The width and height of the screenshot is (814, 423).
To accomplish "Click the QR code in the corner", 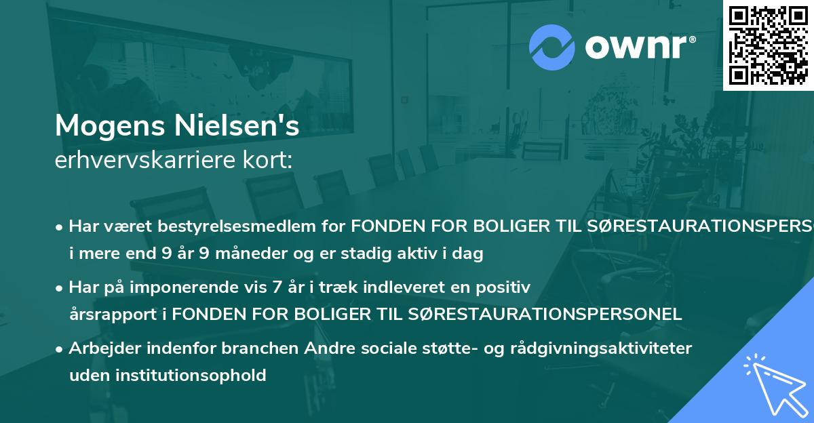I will pyautogui.click(x=767, y=45).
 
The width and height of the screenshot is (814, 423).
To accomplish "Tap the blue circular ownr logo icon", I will pyautogui.click(x=551, y=46).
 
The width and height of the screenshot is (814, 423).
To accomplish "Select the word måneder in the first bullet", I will pyautogui.click(x=258, y=254).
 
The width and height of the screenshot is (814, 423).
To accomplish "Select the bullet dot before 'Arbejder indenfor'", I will pyautogui.click(x=60, y=349).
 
